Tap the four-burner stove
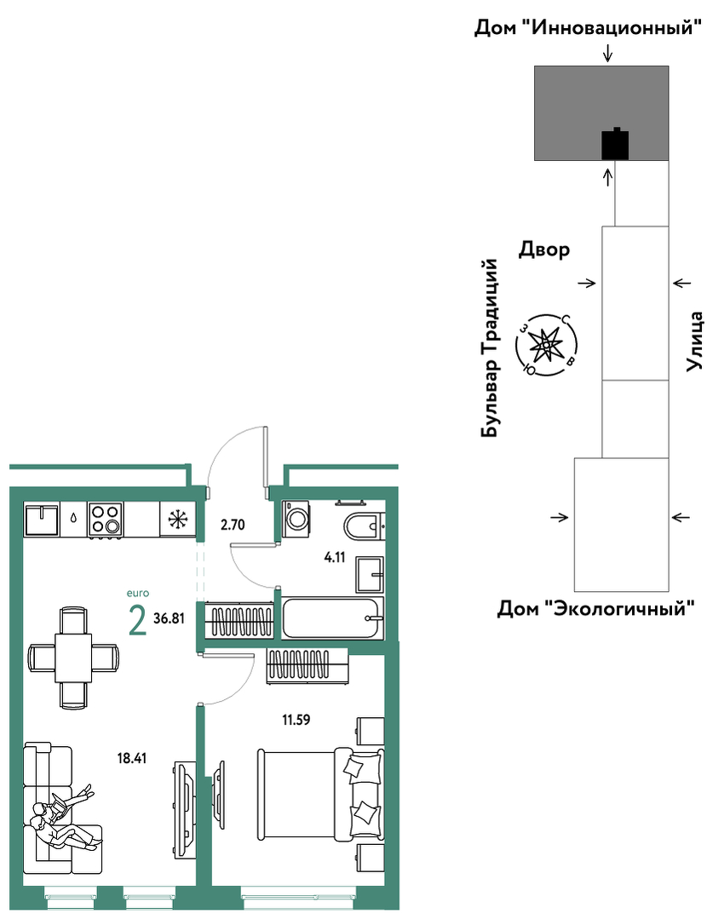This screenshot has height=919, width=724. pos(106,520)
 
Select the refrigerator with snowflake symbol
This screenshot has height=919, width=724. pos(177,519)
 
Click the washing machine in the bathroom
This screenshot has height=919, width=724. pos(296,518)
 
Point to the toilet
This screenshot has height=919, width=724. pos(364,526)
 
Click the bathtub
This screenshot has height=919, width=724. pos(332,617)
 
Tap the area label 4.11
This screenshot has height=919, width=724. pos(335,557)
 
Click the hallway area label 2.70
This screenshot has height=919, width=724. pos(233,525)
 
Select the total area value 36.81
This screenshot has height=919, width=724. pos(169,618)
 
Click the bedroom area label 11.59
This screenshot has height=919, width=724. pos(296,720)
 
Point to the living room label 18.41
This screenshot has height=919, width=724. pos(132,758)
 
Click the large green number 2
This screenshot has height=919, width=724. pos(137,621)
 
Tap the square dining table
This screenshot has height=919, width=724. pos(74,658)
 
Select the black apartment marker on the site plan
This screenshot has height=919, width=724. pos(615,144)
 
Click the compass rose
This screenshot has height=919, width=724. pos(546,345)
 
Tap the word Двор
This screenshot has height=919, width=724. pos(544,250)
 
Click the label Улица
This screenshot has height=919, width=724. pos(695,341)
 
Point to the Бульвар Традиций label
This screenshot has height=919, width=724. pos(489,348)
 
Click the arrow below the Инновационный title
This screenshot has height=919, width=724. pos(608,54)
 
